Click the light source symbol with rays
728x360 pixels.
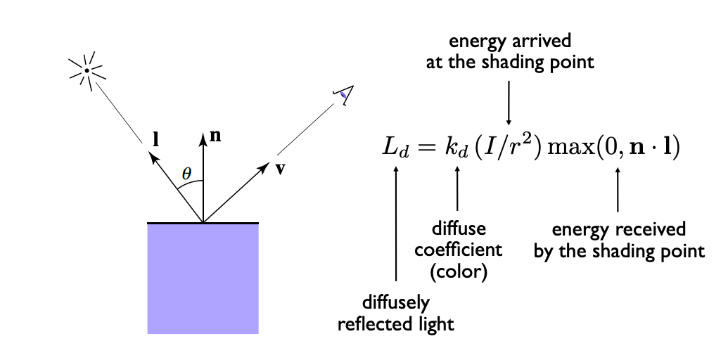(87, 70)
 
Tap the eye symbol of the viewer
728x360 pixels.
(344, 95)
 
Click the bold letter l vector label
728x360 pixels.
(156, 139)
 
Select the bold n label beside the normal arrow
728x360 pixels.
(215, 136)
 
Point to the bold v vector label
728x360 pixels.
(279, 169)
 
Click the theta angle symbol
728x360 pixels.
(186, 174)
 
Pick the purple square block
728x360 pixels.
(203, 278)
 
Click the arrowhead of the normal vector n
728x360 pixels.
(203, 138)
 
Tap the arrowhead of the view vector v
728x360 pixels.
(264, 167)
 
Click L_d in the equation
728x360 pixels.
(395, 148)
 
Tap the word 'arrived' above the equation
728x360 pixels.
(542, 41)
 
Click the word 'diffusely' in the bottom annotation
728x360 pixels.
(395, 303)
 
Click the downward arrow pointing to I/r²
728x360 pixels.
(509, 103)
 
